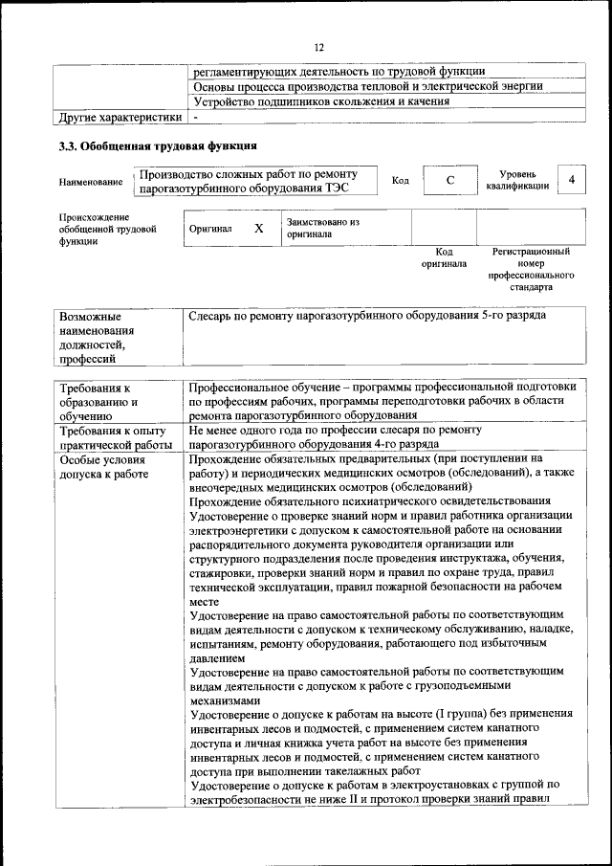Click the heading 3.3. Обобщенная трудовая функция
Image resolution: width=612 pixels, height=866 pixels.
(157, 146)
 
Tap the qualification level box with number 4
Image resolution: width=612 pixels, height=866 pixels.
(571, 180)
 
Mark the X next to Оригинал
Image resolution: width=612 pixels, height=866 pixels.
(258, 229)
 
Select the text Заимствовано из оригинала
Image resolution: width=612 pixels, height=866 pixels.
(321, 228)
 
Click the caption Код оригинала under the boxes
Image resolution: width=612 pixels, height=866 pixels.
(444, 257)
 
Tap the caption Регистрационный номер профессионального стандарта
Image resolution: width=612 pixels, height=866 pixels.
(531, 269)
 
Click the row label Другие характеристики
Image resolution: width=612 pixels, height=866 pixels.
(120, 118)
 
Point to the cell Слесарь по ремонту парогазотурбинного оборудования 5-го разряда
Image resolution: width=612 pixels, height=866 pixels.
(368, 315)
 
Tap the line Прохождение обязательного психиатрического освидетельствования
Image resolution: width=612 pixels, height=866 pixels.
(370, 500)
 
